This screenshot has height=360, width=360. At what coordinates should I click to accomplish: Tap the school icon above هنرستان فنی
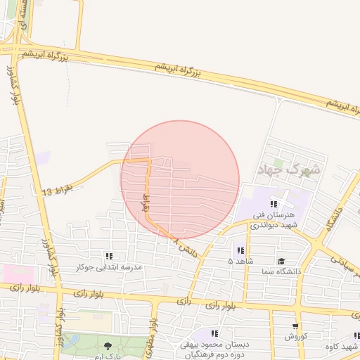(x=274, y=204)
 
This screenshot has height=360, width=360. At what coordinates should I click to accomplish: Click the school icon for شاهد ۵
(x=240, y=250)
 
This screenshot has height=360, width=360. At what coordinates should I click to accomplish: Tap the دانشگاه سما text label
(x=281, y=271)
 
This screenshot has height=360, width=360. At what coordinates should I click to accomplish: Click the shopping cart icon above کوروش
(x=295, y=326)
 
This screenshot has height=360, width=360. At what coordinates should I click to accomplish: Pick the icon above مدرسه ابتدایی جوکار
(x=109, y=257)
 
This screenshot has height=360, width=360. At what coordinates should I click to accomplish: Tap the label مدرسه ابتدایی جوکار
(x=109, y=267)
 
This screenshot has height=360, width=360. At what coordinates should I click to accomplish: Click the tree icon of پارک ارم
(x=108, y=345)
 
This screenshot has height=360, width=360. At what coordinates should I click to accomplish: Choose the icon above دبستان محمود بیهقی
(x=214, y=333)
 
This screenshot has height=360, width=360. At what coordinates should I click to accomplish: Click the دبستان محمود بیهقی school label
(x=214, y=349)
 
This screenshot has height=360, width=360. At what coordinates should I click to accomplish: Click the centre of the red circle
(x=181, y=180)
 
